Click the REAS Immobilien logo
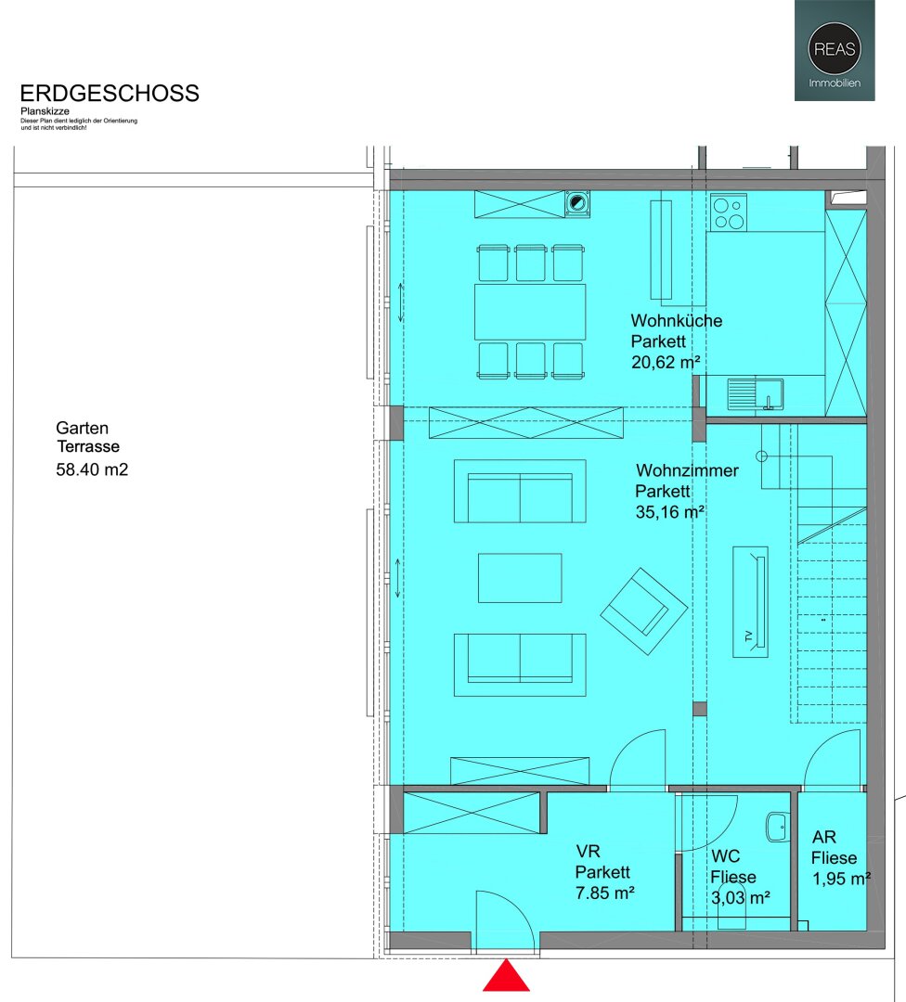coord(835,50)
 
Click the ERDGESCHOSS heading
coord(110,94)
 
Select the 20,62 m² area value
coord(666,363)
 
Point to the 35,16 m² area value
coord(669,512)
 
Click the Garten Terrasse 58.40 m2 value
coord(92,469)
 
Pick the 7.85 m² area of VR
coord(605,893)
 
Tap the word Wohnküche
coord(677,320)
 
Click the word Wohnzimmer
coord(687,470)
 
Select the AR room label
coord(824,837)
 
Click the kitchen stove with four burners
coord(729,212)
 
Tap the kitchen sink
coord(755,393)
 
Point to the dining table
coord(530,312)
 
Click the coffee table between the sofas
coord(520,578)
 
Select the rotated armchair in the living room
coord(644,610)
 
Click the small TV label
coord(749,636)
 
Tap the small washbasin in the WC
coord(778,827)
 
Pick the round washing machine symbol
coord(577,204)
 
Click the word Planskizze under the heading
coord(45,111)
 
